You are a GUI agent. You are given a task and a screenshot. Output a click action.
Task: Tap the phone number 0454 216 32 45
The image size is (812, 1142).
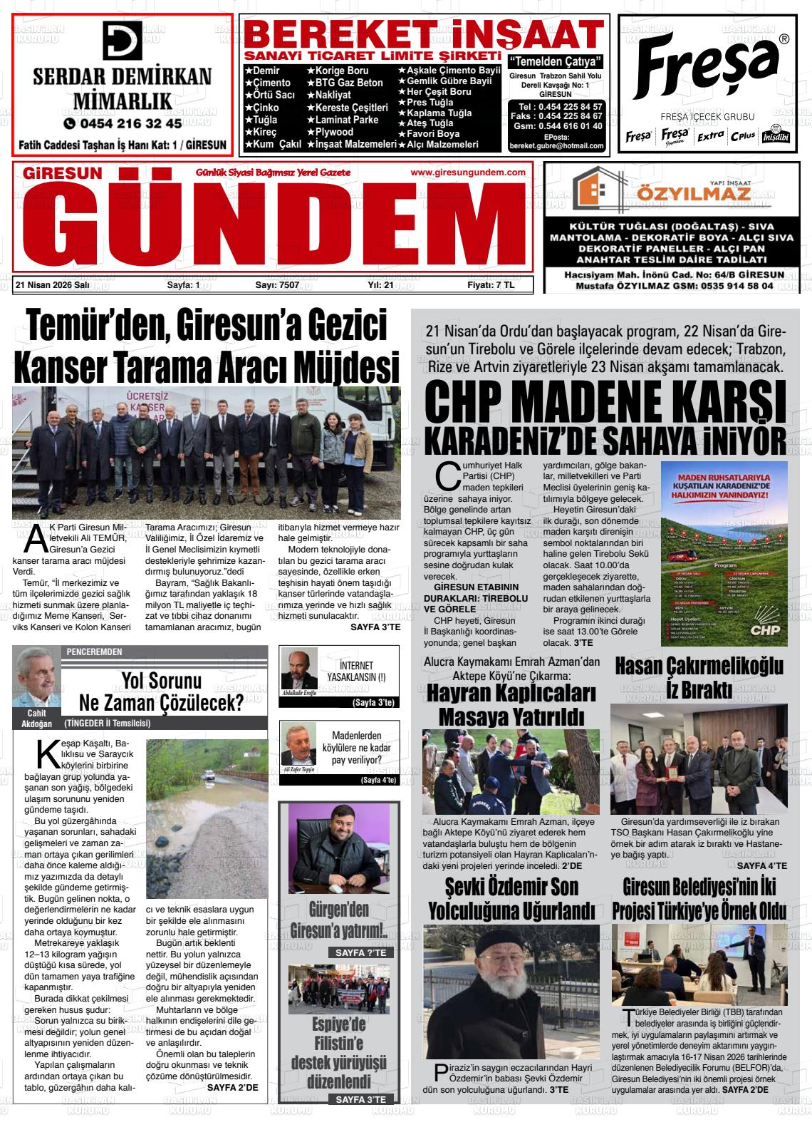click(123, 123)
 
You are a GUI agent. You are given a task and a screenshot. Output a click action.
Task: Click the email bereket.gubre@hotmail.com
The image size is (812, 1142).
click(556, 146)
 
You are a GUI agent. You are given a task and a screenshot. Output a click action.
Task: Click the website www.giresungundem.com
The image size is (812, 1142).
click(468, 173)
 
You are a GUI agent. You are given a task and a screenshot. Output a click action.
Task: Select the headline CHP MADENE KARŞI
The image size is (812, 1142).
click(605, 404)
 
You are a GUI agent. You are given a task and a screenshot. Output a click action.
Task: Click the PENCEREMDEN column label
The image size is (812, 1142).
click(94, 652)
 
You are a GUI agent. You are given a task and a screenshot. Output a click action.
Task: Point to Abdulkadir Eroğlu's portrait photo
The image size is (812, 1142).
click(299, 668)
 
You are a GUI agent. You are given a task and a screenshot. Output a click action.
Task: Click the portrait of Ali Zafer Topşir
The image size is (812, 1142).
click(299, 744)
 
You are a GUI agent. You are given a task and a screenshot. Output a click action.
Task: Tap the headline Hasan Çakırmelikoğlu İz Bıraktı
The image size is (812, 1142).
click(699, 677)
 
